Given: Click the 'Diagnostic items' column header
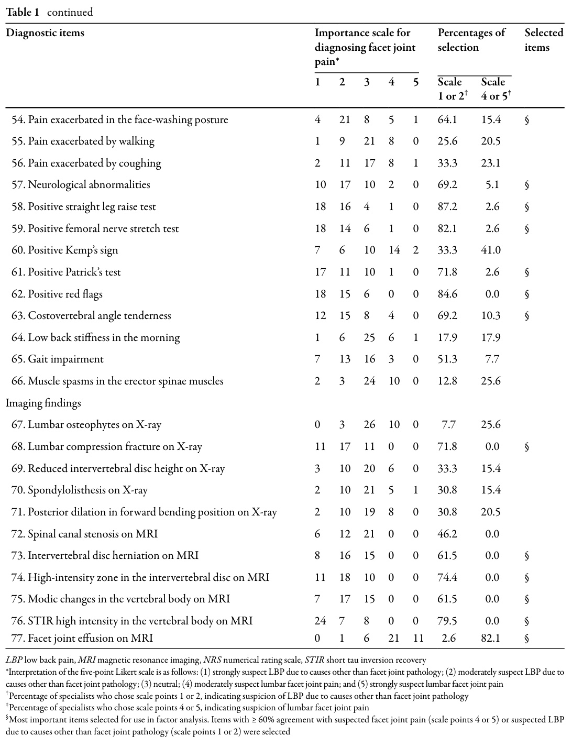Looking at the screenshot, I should tap(45, 33).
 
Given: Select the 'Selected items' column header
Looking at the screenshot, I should tap(544, 40).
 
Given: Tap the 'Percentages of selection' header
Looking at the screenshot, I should tap(471, 40).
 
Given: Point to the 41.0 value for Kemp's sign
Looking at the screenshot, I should tap(491, 250).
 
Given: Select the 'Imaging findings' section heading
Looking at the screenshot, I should tap(43, 403).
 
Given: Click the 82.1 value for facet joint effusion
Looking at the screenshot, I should tap(491, 638).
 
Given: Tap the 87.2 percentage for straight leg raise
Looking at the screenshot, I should tap(447, 207).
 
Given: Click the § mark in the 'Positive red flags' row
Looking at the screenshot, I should tap(527, 294).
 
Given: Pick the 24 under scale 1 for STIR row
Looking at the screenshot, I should tap(320, 621).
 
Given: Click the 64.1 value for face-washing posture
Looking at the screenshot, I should tap(447, 120).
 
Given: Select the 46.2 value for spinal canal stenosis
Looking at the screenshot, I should tap(447, 534).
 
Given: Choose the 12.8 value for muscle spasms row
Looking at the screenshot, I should tap(447, 381).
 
